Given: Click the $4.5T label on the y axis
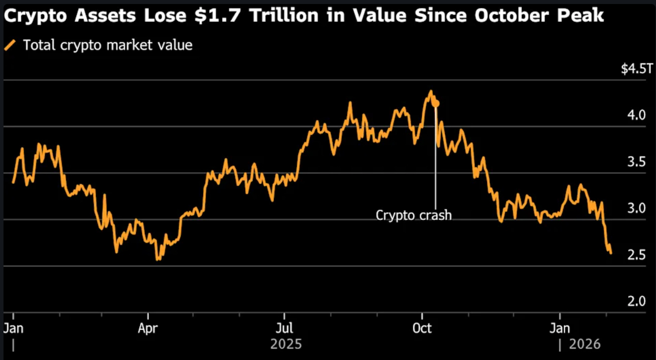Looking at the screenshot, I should pos(637,69).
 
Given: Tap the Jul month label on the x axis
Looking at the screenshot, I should pos(284,328).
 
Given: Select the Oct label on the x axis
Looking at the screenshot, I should pos(422,328).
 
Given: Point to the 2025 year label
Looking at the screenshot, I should pos(286,345).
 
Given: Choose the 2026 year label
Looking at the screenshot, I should pos(585,345).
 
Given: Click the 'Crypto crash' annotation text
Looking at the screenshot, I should pos(414,216).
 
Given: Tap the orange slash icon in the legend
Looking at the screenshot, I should pos(10,45).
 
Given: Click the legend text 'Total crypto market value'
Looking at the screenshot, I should pos(108,45).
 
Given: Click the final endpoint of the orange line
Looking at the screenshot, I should pos(611,253).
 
